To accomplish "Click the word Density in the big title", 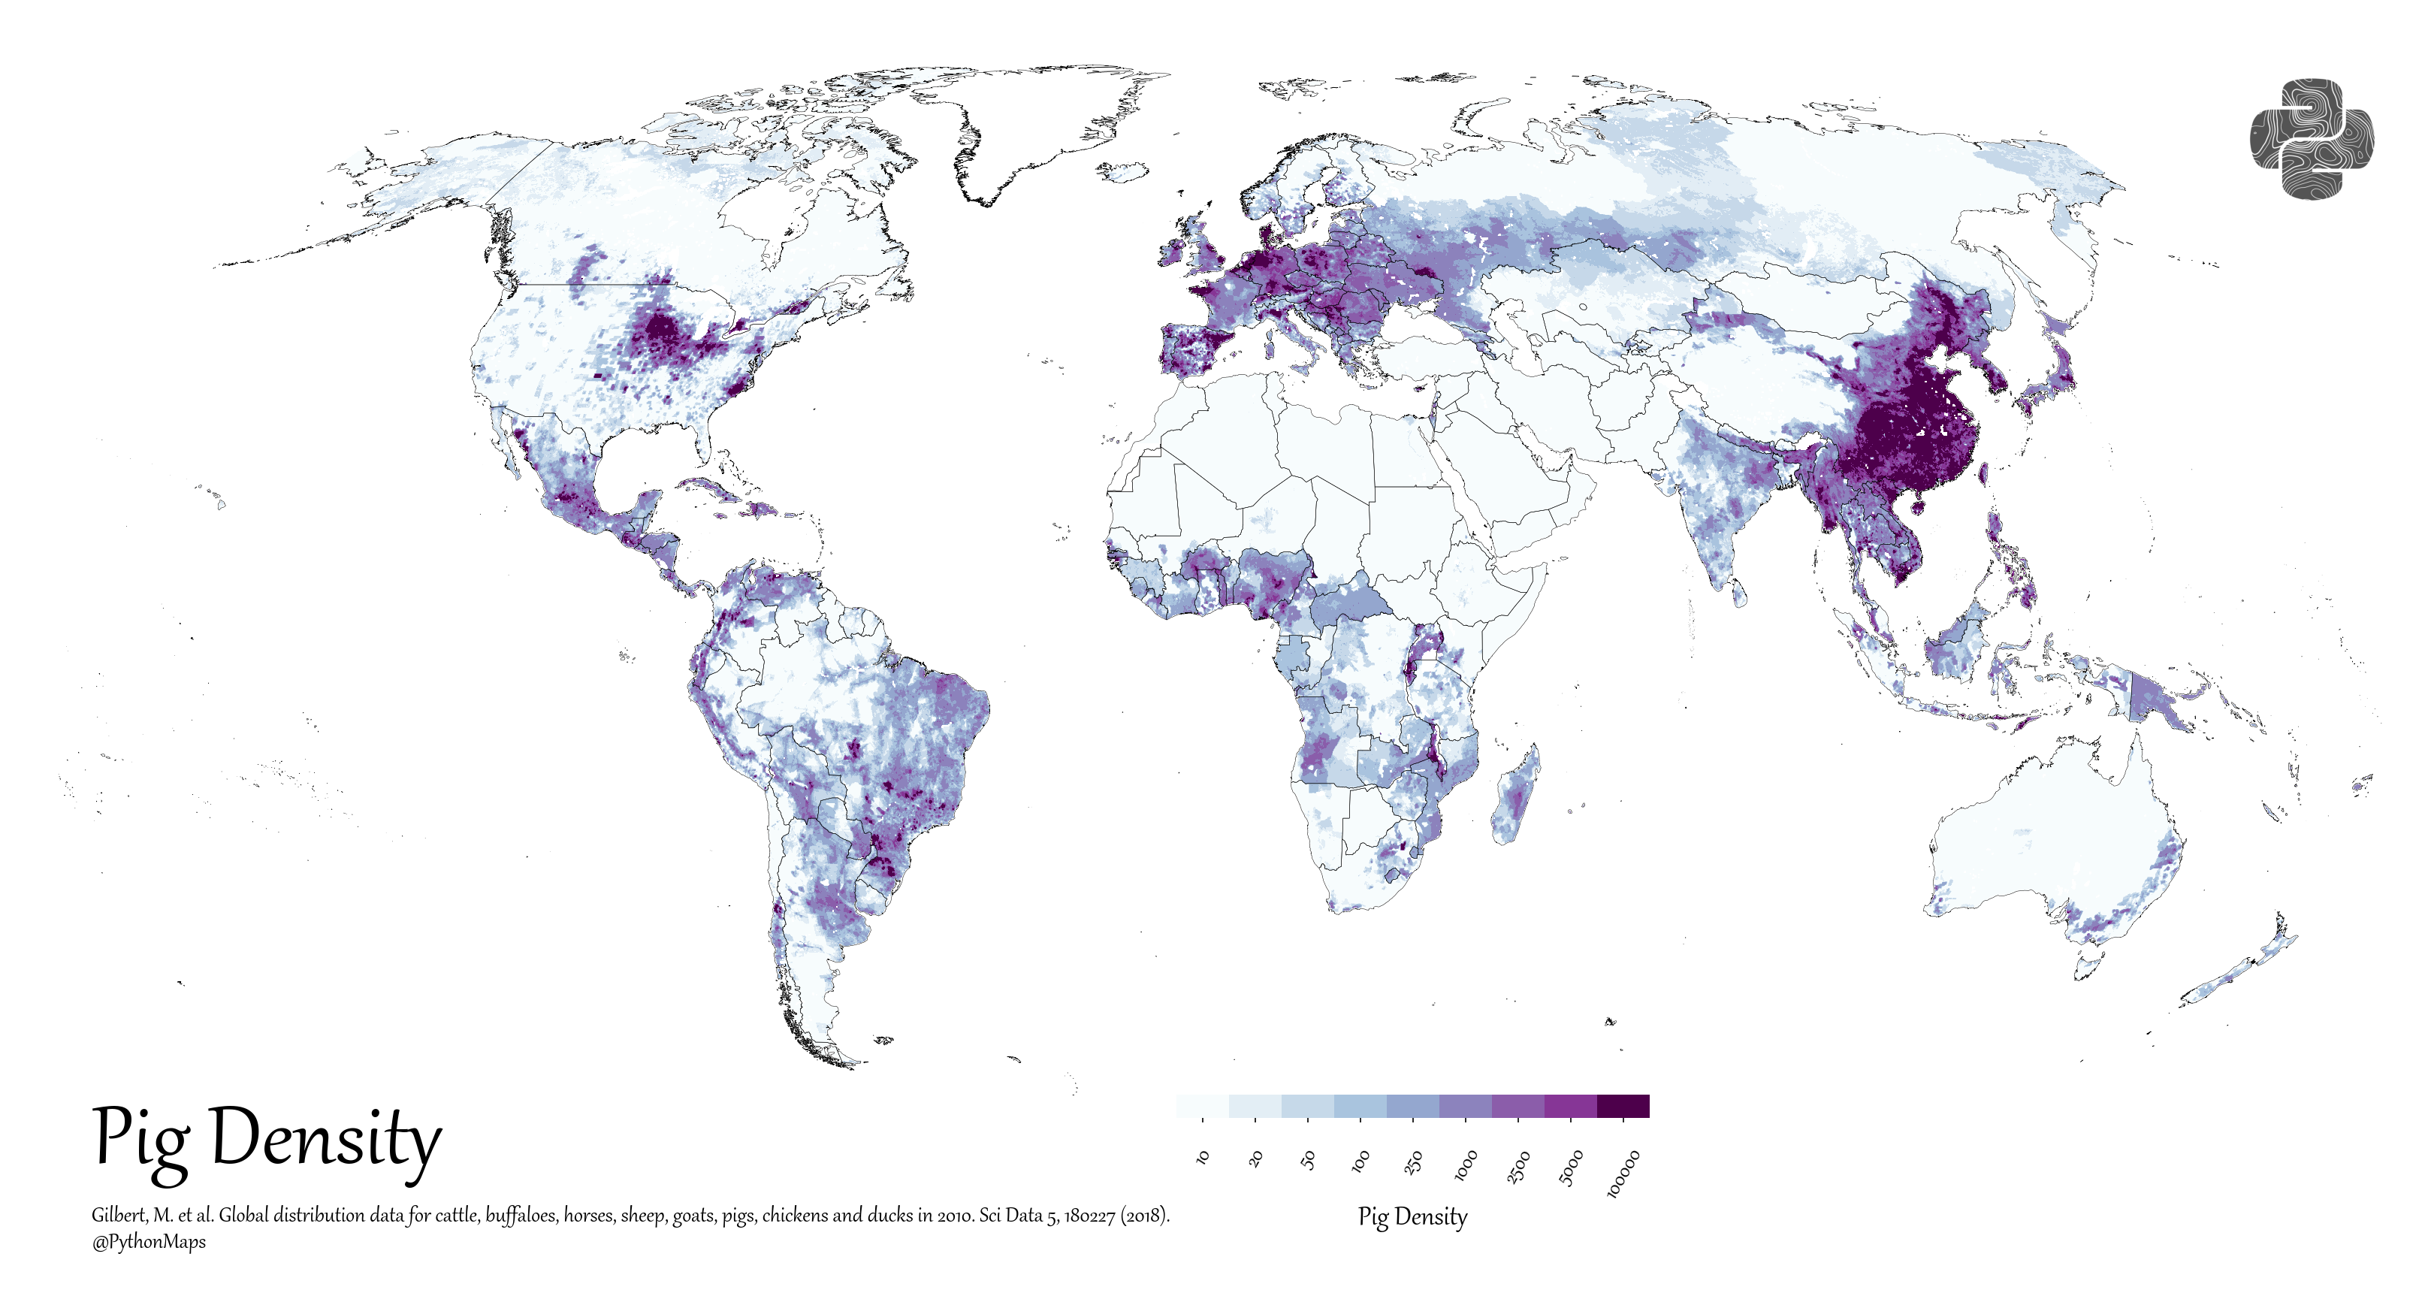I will tap(325, 1140).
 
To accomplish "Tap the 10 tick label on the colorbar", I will tap(1202, 1157).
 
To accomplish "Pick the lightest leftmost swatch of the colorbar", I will tap(1202, 1105).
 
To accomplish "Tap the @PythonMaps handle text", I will tap(148, 1242).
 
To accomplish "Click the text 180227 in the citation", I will tap(1090, 1216).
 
